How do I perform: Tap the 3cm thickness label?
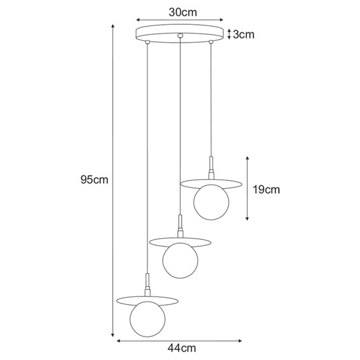point(244,34)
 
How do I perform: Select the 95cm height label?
point(95,180)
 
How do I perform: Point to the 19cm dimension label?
point(266,189)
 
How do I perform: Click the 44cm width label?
point(181,349)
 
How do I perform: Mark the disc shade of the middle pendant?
point(180,241)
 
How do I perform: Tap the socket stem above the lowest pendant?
point(147,283)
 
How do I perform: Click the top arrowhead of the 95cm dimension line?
point(113,27)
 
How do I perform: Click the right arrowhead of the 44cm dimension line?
point(243,341)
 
